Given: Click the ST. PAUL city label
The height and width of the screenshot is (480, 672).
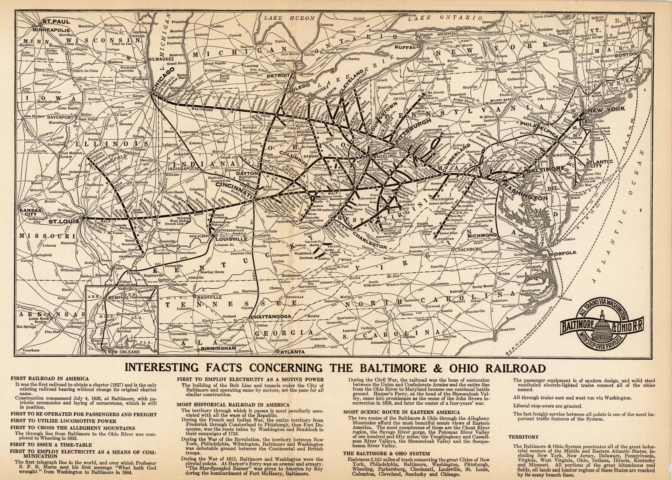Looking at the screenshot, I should coord(56,22).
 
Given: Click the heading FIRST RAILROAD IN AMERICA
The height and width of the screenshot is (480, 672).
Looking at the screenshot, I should coord(50,378).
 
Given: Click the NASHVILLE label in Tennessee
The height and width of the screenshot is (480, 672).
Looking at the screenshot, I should coord(209,297).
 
